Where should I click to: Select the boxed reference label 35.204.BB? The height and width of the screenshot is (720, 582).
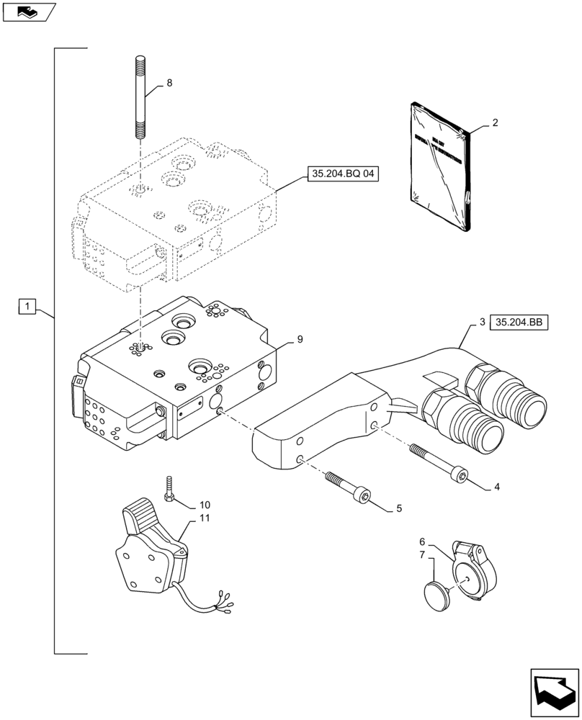pyautogui.click(x=519, y=323)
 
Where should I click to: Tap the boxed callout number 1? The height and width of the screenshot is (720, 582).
pyautogui.click(x=26, y=307)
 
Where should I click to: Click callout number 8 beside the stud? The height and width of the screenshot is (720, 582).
pyautogui.click(x=169, y=84)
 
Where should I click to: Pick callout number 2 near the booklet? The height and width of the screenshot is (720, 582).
pyautogui.click(x=495, y=123)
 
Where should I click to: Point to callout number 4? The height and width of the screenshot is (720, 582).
pyautogui.click(x=496, y=487)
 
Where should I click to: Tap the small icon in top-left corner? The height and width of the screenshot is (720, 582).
pyautogui.click(x=27, y=12)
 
